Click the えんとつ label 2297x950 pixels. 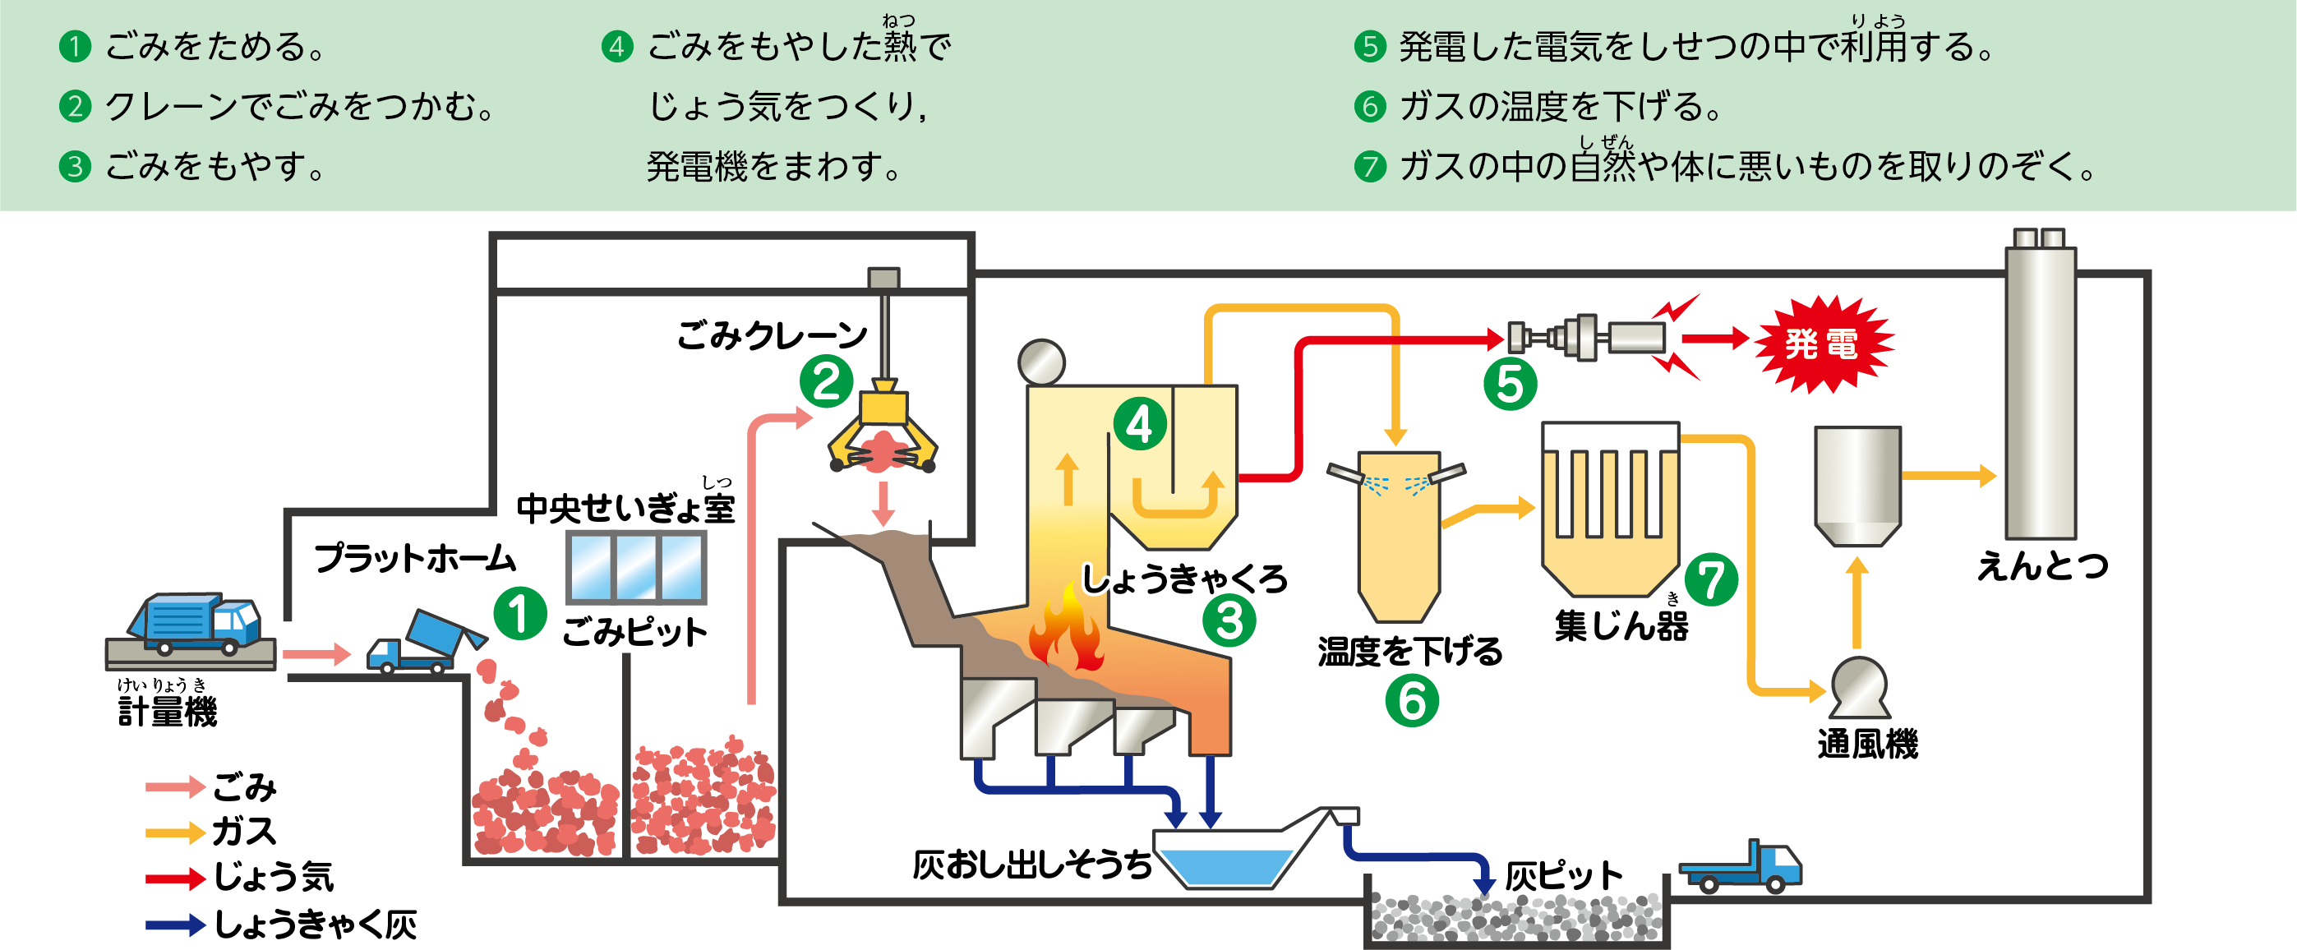point(2042,565)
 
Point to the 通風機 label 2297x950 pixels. point(1867,744)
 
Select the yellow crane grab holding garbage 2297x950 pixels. point(882,432)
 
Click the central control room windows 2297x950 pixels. point(636,567)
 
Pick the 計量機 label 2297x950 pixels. point(168,712)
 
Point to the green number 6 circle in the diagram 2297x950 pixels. point(1412,700)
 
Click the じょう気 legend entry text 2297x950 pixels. point(273,877)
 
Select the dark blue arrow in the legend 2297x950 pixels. point(175,925)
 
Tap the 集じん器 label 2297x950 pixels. point(1621,625)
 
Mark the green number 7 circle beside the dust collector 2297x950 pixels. point(1710,580)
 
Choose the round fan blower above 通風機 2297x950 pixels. point(1859,688)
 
